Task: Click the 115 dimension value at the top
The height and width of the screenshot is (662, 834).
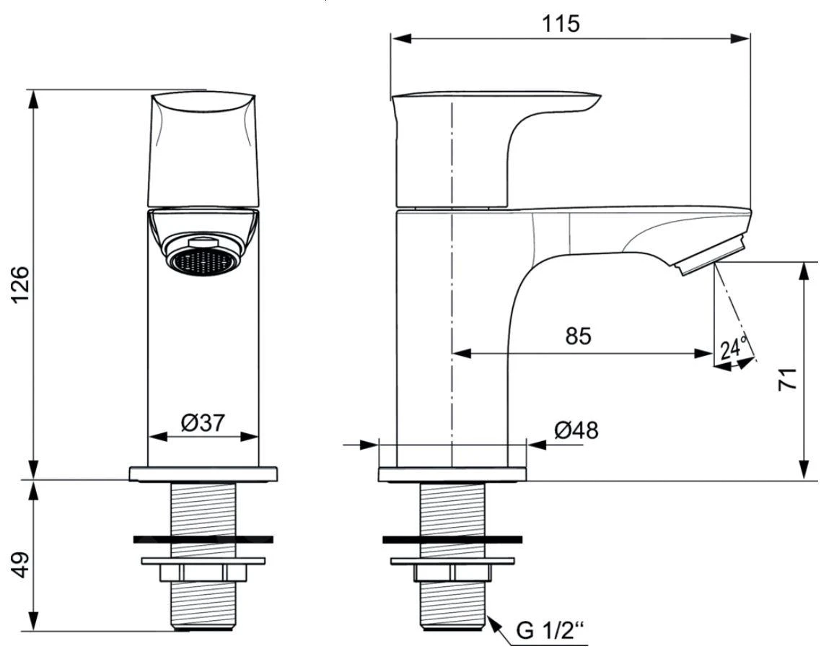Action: coord(561,23)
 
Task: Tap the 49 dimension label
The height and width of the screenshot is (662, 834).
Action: coord(23,565)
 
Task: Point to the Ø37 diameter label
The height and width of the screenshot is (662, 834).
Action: coord(203,424)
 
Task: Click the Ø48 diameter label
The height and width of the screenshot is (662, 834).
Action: coord(576,430)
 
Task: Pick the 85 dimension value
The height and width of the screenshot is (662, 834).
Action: coord(577,336)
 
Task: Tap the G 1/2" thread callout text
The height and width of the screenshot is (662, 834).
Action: coord(550,632)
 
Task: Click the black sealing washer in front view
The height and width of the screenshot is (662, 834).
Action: coord(203,539)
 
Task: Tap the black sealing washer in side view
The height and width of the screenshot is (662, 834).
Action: coord(452,539)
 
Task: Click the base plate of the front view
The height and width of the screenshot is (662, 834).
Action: coord(203,474)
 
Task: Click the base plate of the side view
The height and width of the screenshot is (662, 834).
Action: coord(452,474)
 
